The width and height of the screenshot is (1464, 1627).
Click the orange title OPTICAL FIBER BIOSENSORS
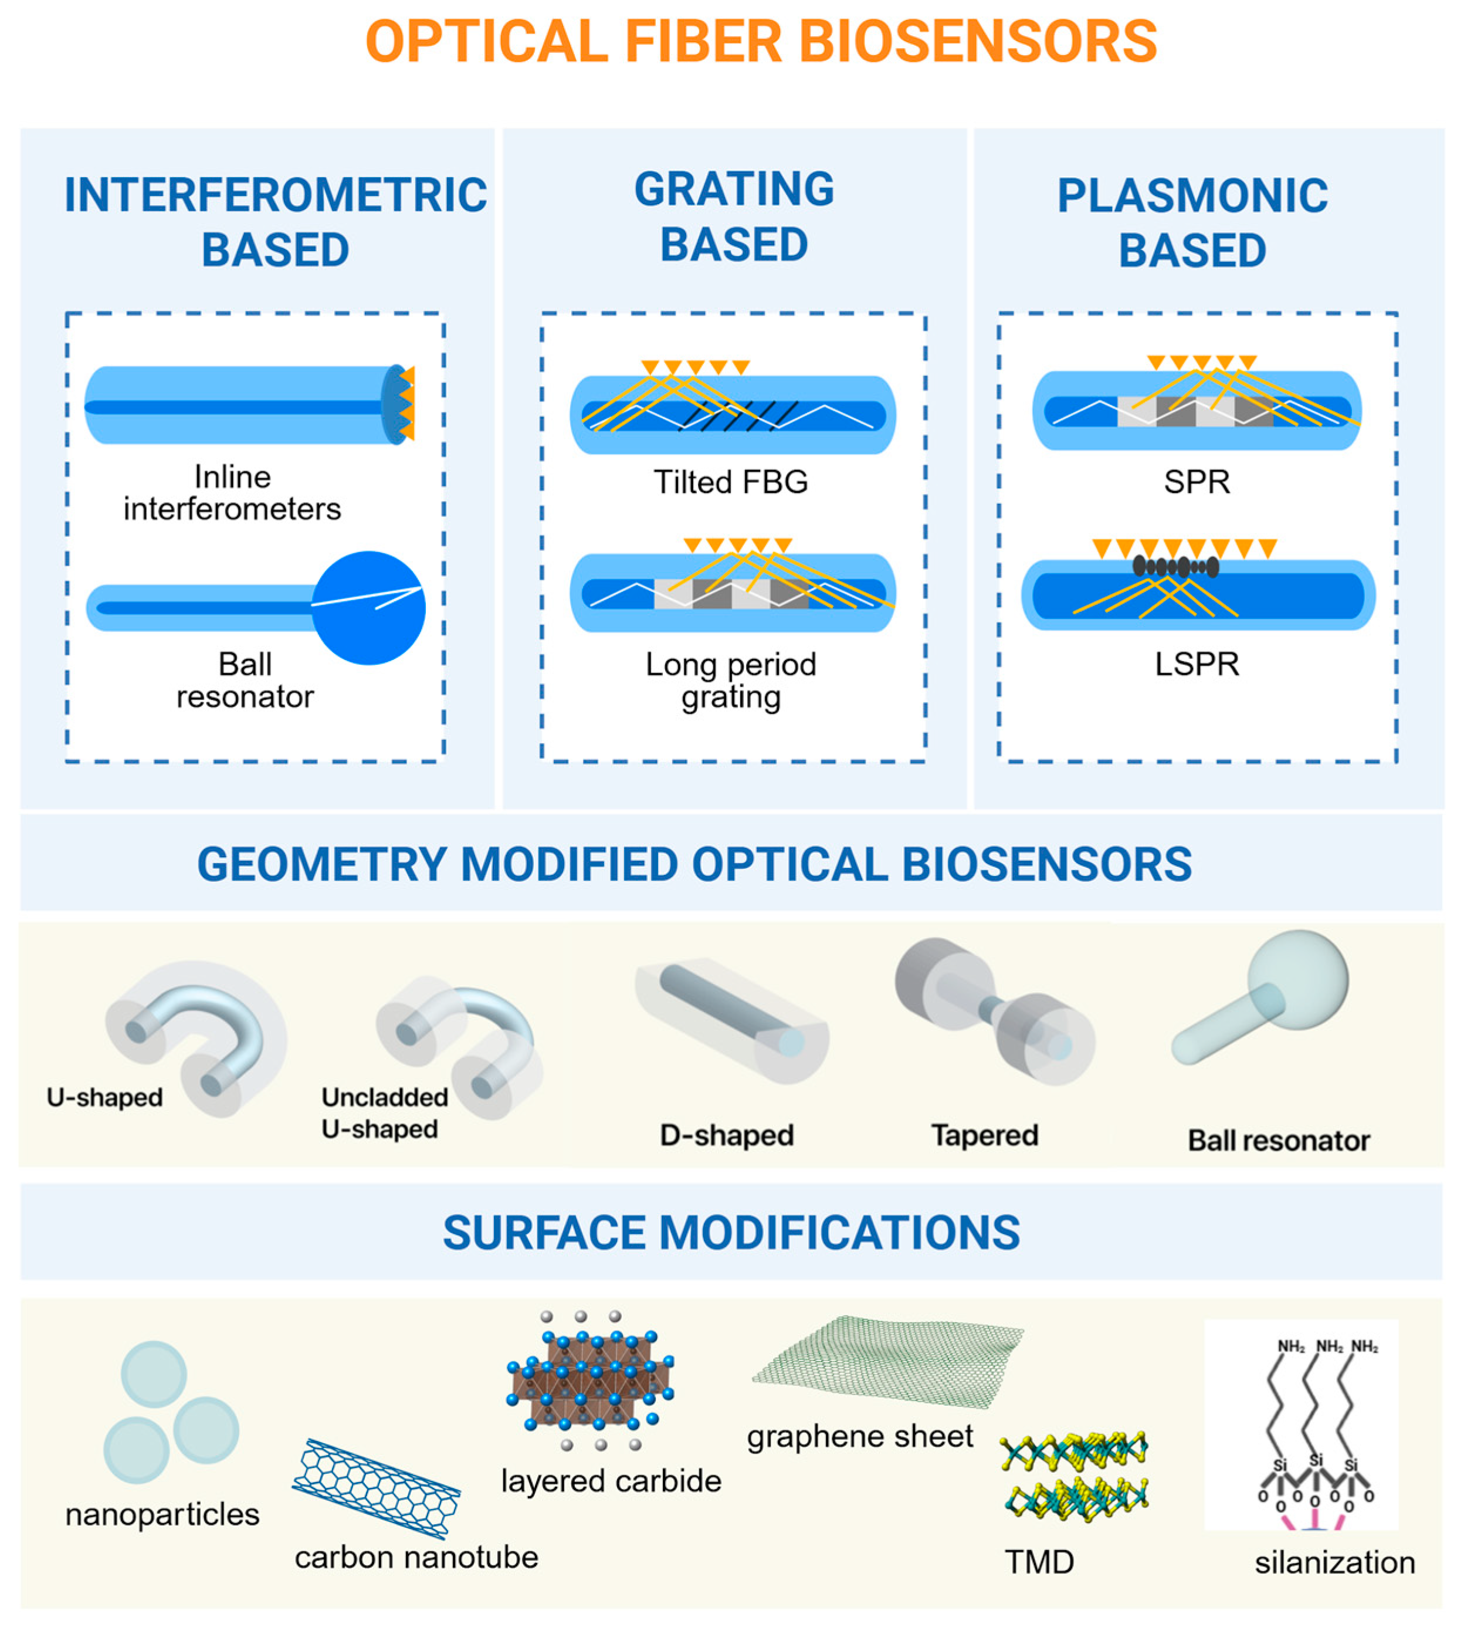761,42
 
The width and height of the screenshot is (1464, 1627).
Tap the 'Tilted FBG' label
730,482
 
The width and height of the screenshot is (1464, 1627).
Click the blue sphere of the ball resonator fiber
368,608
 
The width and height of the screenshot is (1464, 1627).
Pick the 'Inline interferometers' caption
232,493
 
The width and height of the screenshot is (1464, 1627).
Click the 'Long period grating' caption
730,681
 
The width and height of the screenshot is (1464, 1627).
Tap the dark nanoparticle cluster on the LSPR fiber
1175,566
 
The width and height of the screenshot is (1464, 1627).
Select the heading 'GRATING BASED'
734,217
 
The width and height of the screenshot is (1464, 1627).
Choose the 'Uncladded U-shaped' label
383,1113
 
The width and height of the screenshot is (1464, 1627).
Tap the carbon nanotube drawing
375,1489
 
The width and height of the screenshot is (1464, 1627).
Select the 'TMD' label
1039,1562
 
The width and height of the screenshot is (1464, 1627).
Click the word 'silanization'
1334,1562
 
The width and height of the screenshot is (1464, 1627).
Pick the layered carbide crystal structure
589,1379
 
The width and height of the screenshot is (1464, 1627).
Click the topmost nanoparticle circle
154,1374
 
